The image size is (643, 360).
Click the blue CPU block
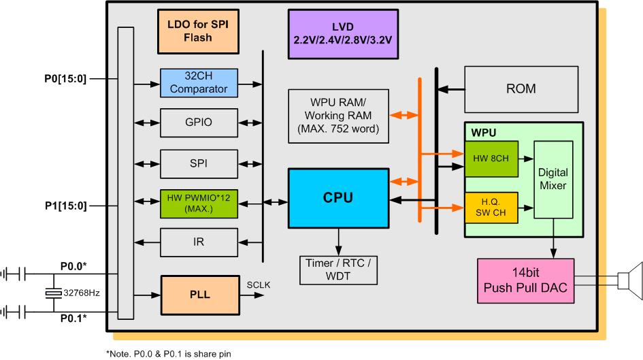[x=337, y=198]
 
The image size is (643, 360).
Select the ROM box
[x=521, y=88]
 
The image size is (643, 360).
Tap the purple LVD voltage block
[x=343, y=33]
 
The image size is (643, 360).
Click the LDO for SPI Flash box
[x=197, y=31]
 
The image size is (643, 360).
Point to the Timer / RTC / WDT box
[x=337, y=270]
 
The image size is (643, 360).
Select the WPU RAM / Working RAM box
[x=337, y=115]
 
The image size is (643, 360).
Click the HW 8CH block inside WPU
[x=491, y=159]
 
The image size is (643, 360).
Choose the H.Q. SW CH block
[x=491, y=208]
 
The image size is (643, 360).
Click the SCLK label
[x=259, y=284]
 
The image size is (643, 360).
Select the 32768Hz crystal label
[x=82, y=293]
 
